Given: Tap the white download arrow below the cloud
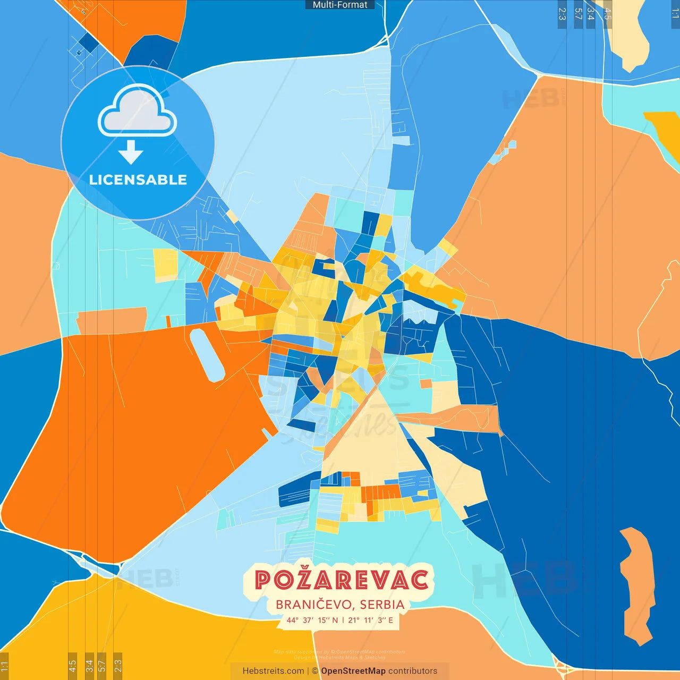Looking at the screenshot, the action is (x=131, y=152).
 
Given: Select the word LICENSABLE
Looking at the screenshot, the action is (x=138, y=180).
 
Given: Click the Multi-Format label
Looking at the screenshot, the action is (x=340, y=5).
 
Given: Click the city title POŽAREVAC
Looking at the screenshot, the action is (x=342, y=580).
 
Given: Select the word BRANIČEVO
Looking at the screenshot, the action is (x=313, y=605).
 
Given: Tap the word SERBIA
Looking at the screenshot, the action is (x=382, y=605).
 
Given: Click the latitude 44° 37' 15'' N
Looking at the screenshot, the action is (x=312, y=620).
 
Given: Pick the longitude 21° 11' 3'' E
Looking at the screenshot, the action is (x=371, y=620).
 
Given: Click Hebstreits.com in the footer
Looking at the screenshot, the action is (x=273, y=671).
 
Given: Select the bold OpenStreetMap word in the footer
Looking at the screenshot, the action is (x=353, y=671).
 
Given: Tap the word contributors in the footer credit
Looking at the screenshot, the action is (x=413, y=671).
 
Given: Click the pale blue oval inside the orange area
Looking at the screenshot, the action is (x=208, y=355).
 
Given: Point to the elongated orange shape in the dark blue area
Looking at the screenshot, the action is (x=637, y=584).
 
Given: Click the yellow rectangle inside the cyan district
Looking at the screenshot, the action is (x=166, y=265).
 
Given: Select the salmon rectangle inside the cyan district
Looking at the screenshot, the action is (x=112, y=321).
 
